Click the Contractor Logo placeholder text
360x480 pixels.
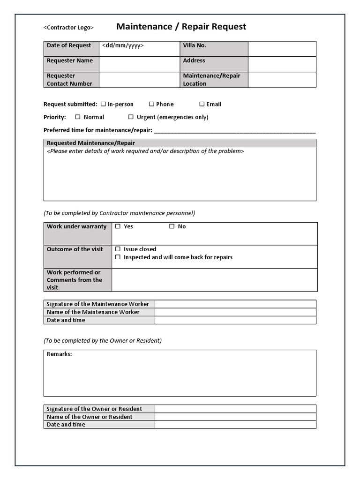(68, 28)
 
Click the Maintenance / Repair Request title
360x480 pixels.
(181, 27)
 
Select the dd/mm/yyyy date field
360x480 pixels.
(123, 45)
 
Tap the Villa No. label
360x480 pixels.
(195, 45)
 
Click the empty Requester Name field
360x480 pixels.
(139, 64)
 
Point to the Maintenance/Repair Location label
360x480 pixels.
(211, 80)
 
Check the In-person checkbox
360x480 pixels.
(103, 104)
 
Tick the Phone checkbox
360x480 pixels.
(151, 104)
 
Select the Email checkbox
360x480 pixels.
(202, 104)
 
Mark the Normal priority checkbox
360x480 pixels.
(78, 117)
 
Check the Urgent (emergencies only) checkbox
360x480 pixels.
(131, 117)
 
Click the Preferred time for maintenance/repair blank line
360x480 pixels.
(234, 130)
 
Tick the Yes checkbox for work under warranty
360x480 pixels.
(118, 226)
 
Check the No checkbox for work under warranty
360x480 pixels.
(172, 226)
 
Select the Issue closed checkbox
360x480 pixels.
(118, 249)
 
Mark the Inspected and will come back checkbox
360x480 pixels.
(118, 257)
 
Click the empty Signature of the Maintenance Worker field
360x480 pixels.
(235, 304)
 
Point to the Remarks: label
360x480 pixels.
(60, 354)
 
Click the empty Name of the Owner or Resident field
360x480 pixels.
(235, 417)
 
